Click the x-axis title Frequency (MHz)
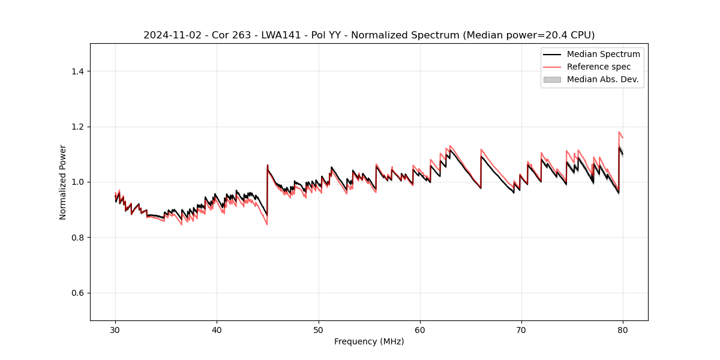[369, 341]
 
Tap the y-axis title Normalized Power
[63, 182]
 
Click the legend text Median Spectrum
[603, 54]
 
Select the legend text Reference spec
[599, 67]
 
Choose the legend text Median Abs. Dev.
[602, 79]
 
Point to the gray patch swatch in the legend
[552, 79]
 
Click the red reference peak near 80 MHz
[619, 132]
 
